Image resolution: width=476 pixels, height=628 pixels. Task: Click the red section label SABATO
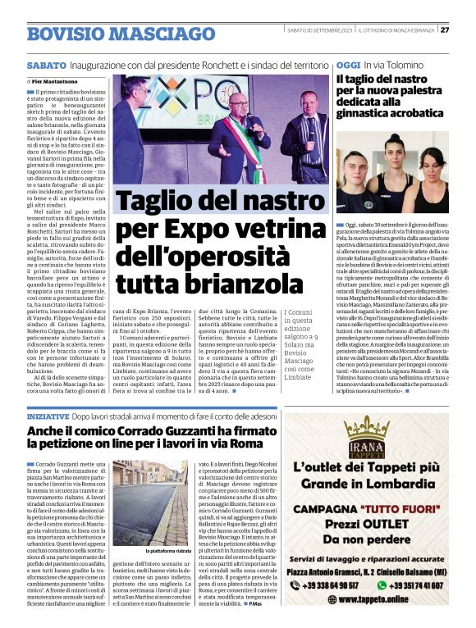(47, 64)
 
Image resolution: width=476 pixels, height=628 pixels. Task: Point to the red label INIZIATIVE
(47, 417)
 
